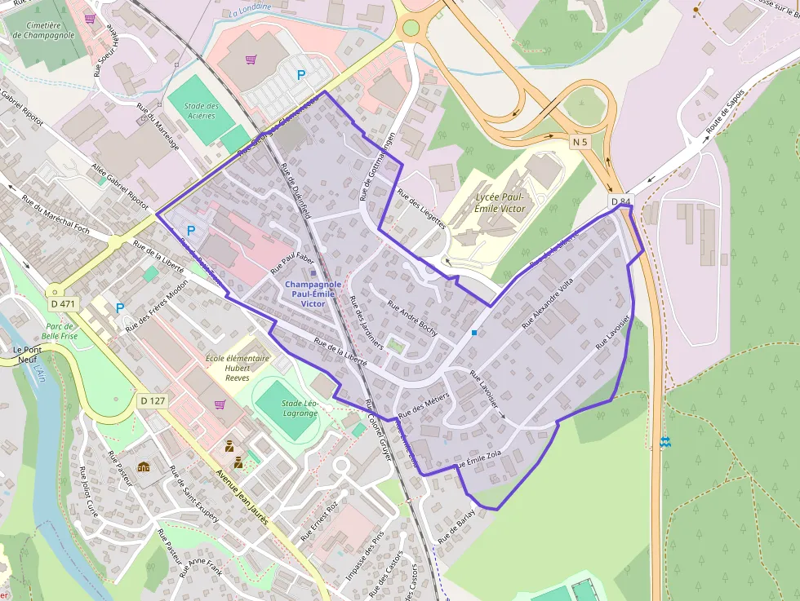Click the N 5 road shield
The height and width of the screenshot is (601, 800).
580,142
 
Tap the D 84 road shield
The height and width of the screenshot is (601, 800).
620,201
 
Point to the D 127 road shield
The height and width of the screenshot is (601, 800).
153,400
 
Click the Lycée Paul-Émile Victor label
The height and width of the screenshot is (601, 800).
500,203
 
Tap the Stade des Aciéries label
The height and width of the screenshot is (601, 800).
201,110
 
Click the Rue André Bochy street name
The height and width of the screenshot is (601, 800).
412,318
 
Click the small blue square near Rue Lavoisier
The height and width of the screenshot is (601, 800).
474,333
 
